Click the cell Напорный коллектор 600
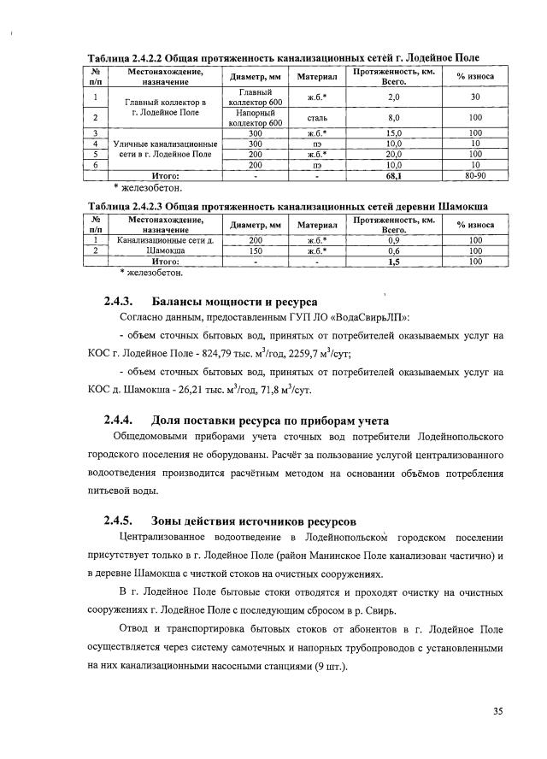click(x=256, y=117)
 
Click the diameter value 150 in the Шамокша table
click(x=256, y=251)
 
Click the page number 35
click(x=497, y=710)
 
